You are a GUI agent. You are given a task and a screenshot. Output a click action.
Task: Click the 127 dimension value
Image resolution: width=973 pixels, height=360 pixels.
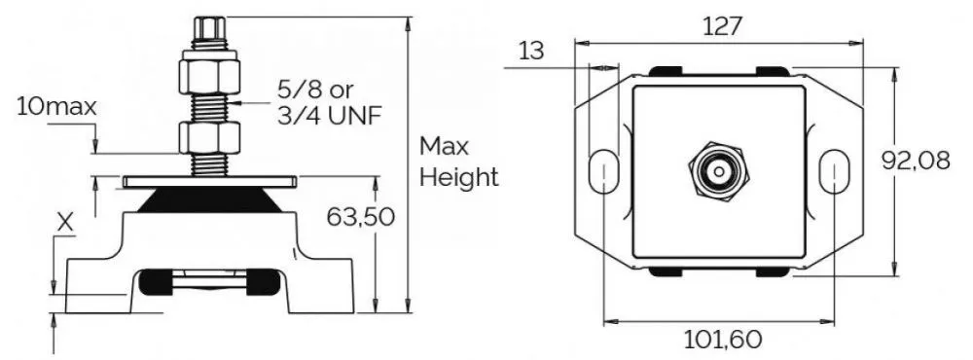click(723, 26)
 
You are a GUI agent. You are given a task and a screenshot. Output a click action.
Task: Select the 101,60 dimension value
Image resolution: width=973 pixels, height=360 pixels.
click(722, 340)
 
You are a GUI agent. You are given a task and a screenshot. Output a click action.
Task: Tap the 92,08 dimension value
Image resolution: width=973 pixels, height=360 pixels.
click(916, 161)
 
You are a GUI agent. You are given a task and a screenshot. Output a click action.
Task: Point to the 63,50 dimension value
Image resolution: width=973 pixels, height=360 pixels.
click(361, 217)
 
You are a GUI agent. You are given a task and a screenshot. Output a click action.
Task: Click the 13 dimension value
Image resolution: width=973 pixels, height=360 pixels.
click(531, 51)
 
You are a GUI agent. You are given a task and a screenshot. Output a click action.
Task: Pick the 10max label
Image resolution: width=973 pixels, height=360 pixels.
click(57, 107)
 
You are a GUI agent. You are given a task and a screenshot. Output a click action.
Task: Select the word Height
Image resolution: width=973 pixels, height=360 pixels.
click(459, 177)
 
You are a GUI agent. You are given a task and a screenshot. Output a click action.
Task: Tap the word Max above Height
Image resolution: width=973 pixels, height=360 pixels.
click(445, 147)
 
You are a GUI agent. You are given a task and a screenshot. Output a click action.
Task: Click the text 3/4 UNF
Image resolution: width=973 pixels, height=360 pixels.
click(329, 116)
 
